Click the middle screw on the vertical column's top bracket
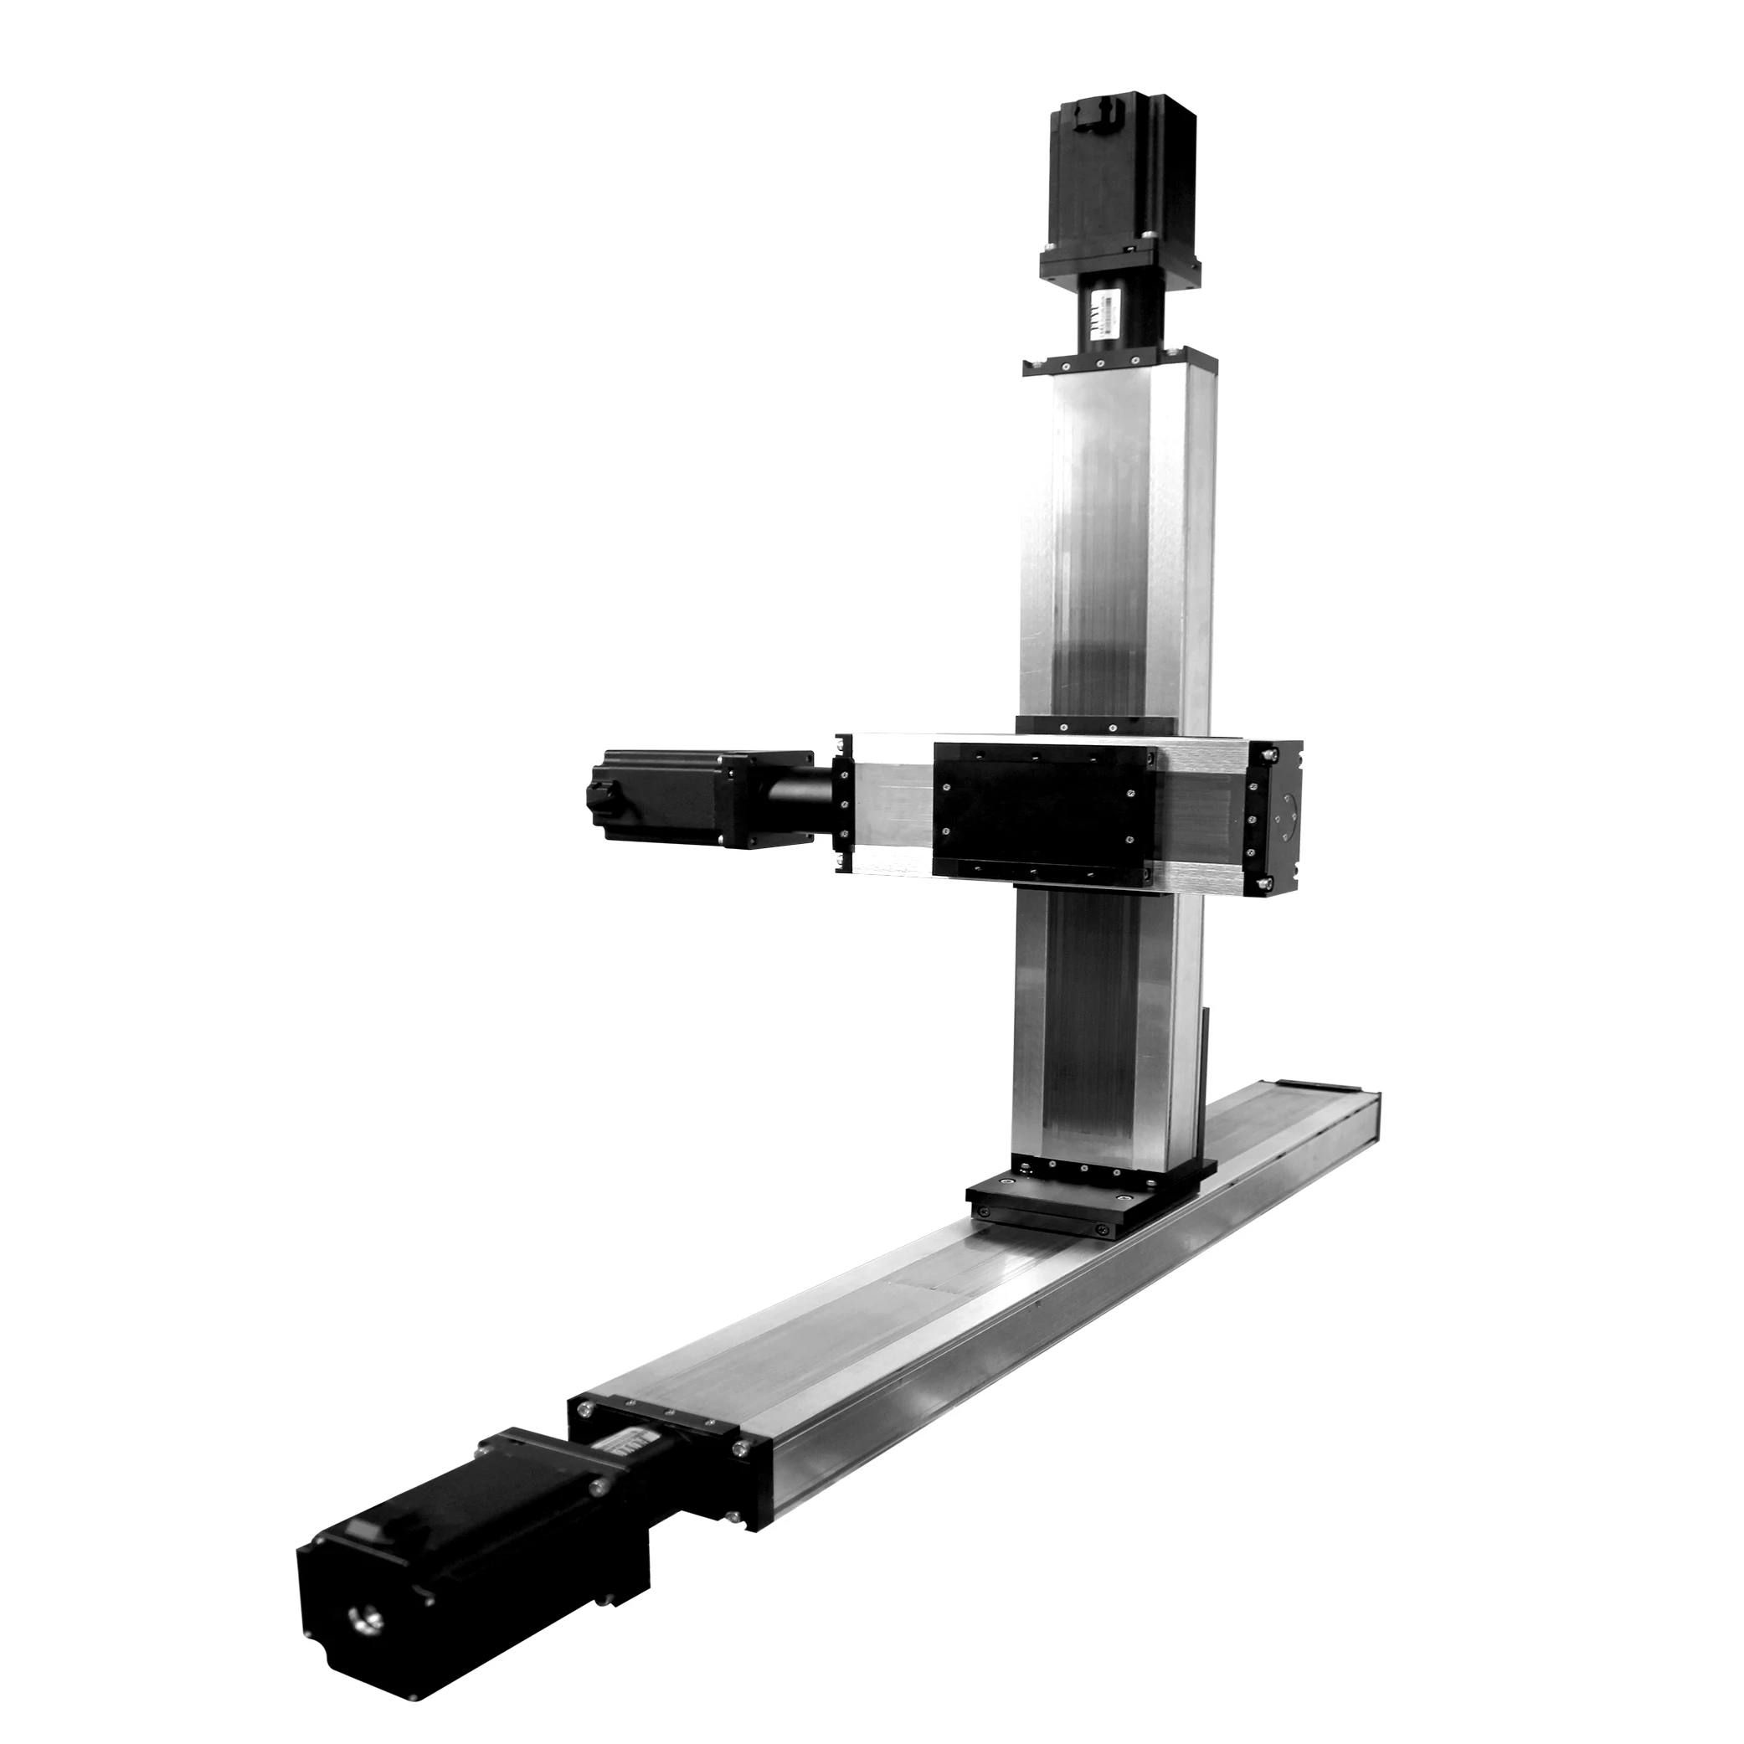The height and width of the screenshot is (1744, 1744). click(x=1100, y=365)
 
